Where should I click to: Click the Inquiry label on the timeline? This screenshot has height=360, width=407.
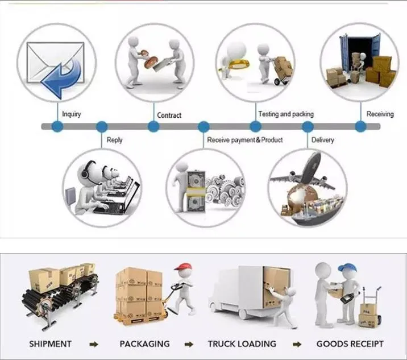click(x=71, y=114)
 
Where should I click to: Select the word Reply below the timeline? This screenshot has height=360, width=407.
click(x=114, y=139)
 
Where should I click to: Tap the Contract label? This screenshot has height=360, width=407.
click(x=169, y=115)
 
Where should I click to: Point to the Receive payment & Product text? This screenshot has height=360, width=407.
click(x=244, y=139)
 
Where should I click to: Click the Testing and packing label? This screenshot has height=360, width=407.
click(x=285, y=114)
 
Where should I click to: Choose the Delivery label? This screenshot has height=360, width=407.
click(x=323, y=139)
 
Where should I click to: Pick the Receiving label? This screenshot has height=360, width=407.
click(x=380, y=114)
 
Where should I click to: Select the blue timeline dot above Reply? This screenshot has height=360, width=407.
click(x=102, y=126)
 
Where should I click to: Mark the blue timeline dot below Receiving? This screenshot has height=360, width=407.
click(x=360, y=126)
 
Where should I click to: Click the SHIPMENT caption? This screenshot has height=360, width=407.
click(x=51, y=344)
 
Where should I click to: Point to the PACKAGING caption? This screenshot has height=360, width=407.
click(x=144, y=344)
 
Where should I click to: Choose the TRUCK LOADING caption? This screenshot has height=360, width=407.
click(x=242, y=344)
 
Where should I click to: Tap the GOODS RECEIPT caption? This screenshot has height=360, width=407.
click(x=350, y=344)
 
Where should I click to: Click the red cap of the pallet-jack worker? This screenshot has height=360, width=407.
click(x=181, y=266)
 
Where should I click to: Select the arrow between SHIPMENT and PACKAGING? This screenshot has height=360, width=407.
click(x=93, y=344)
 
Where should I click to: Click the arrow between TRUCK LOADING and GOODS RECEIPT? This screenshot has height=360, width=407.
click(x=297, y=344)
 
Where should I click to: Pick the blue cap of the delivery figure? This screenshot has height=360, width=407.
click(x=347, y=268)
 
